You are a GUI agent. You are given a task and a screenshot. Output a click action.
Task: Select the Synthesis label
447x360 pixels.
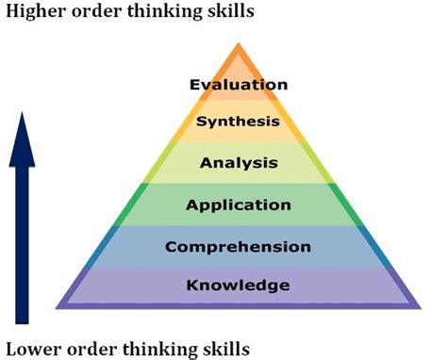(x=238, y=122)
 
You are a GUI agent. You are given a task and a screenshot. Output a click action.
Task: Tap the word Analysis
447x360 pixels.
(x=239, y=162)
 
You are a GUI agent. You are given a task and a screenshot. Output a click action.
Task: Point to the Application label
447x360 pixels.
(x=239, y=205)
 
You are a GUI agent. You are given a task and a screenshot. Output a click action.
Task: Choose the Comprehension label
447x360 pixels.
(x=238, y=247)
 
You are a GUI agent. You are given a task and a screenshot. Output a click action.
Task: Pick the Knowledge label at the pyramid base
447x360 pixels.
(x=238, y=285)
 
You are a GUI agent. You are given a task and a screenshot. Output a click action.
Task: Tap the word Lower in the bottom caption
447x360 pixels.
(x=30, y=347)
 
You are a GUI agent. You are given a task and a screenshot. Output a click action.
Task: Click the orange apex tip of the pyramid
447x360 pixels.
(x=239, y=46)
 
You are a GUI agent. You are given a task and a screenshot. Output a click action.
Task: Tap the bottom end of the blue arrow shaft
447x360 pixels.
(x=28, y=320)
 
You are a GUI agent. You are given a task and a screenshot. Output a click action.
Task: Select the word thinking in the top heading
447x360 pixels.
(x=165, y=13)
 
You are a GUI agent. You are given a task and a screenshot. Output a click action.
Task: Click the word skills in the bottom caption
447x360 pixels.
(x=227, y=347)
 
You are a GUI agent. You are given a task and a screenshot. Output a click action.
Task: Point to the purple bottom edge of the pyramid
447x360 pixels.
(x=238, y=305)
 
